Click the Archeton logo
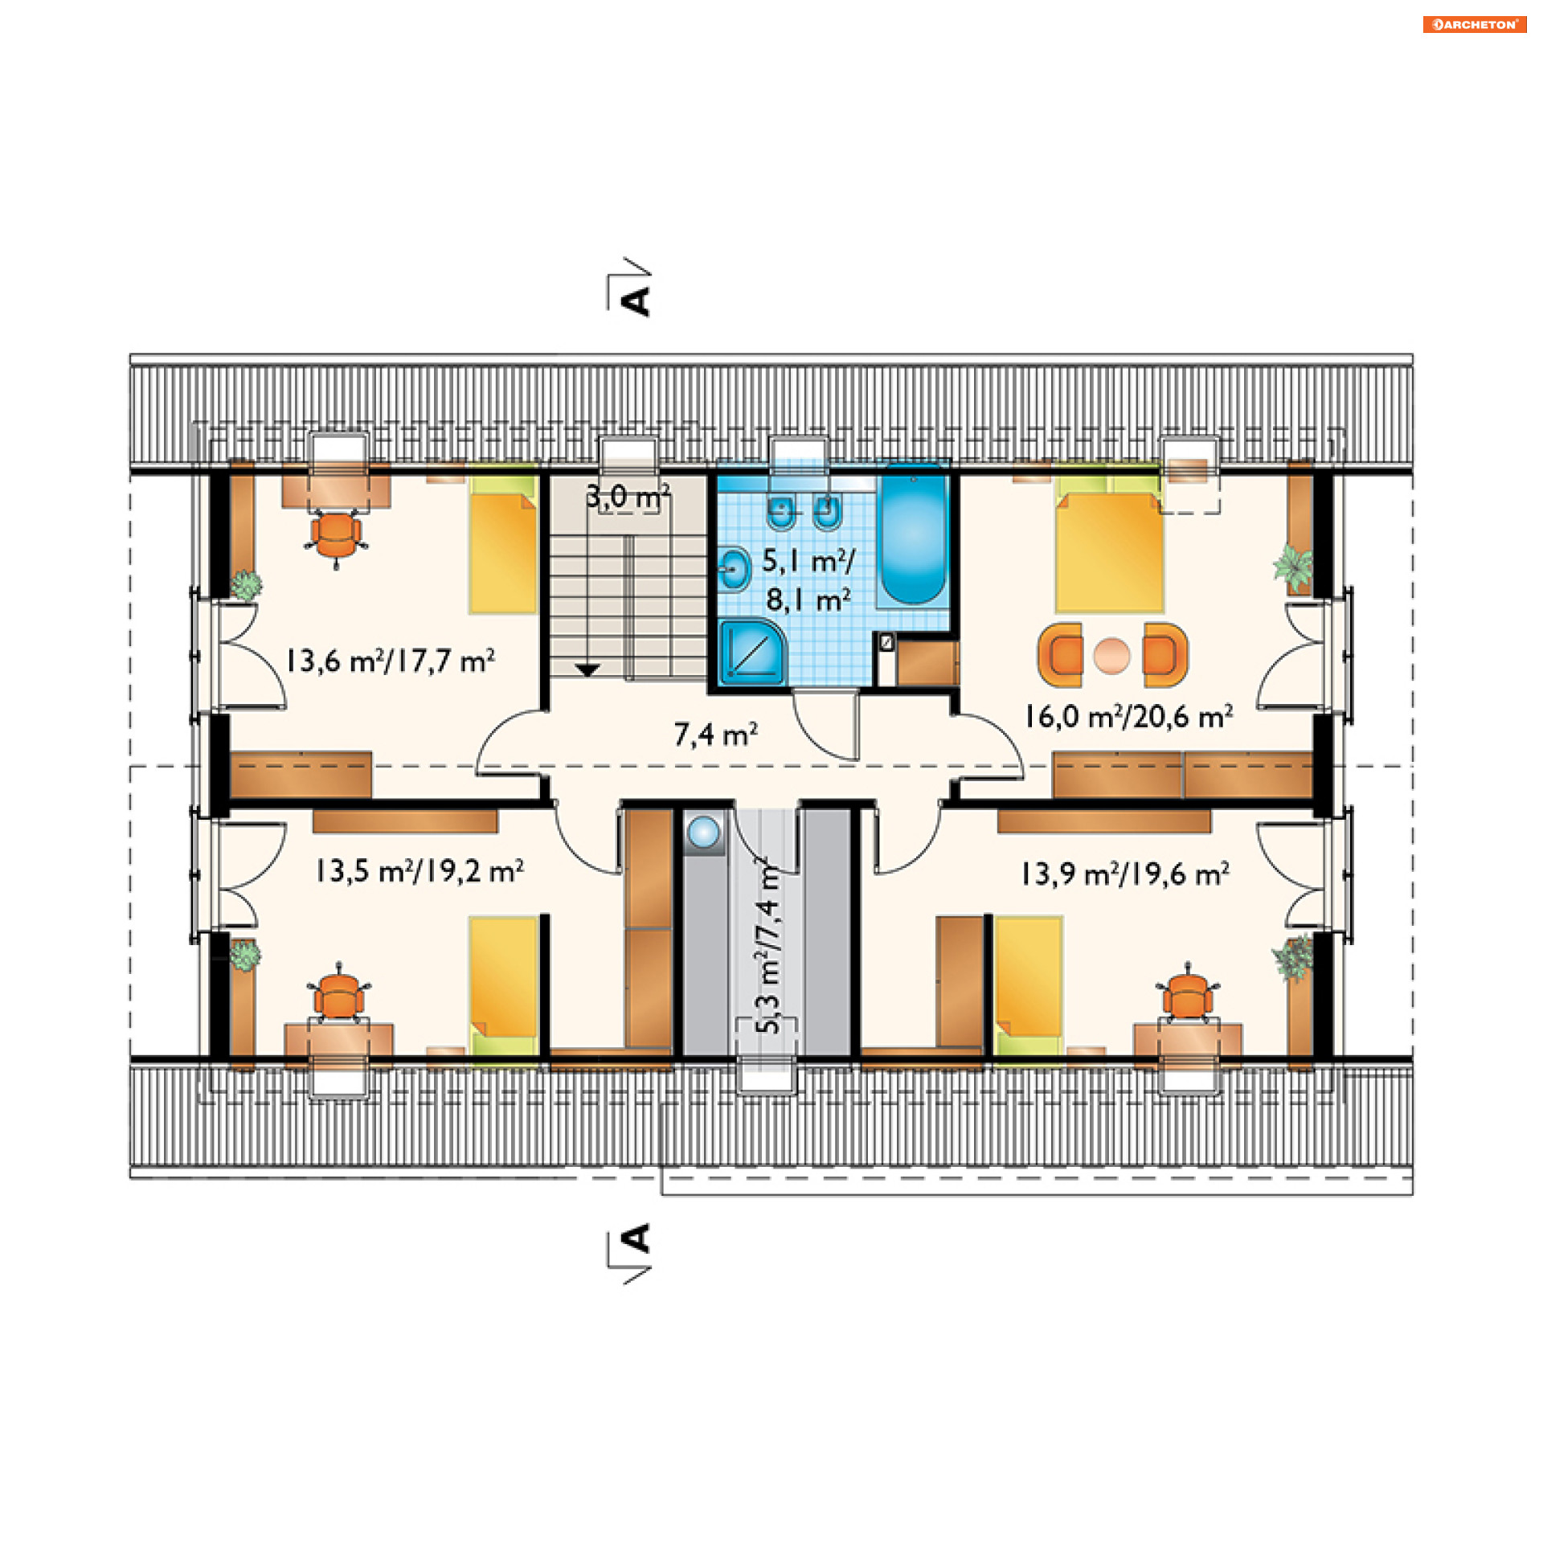pos(1474,24)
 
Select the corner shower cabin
pos(752,652)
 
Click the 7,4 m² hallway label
pos(715,734)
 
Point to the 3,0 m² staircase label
pos(628,497)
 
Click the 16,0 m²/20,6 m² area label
pos(1128,716)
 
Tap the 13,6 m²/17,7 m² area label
pos(390,661)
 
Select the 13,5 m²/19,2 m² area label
pos(420,871)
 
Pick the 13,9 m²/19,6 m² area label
pos(1125,874)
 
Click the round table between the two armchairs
pos(1112,655)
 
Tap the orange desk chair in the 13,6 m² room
pos(336,536)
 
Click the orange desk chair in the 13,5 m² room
pos(340,993)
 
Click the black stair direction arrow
pos(587,669)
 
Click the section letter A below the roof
pos(636,1238)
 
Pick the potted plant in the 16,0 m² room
pos(1293,566)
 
